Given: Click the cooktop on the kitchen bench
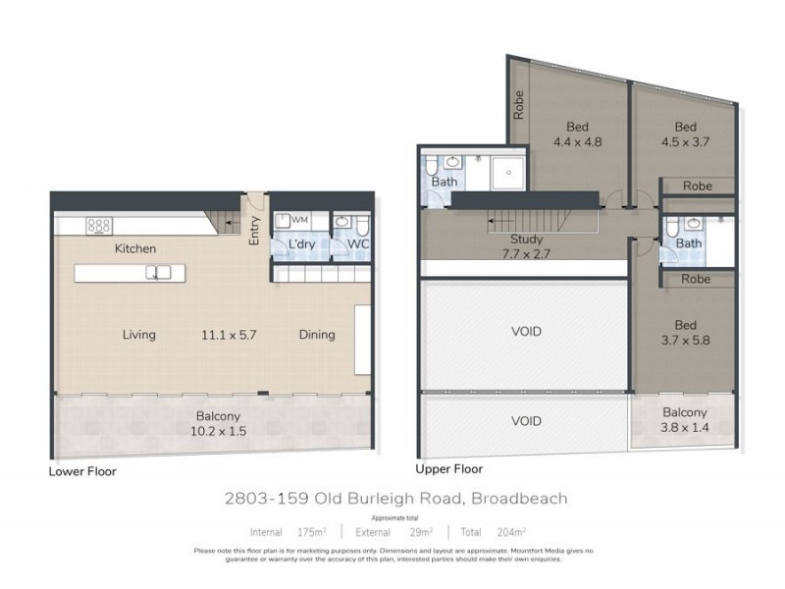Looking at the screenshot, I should [99, 225].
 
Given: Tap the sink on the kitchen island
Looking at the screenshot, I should [159, 272].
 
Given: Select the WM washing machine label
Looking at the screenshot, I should [299, 220].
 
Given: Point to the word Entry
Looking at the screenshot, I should [254, 229].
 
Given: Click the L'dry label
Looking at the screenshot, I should [300, 244].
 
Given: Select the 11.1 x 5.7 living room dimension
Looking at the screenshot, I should [231, 335].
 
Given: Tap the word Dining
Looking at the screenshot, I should [317, 335].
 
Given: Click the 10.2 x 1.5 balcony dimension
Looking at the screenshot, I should [218, 430].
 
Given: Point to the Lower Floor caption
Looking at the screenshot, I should [82, 471].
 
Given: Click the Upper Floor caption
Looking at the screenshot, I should [450, 470].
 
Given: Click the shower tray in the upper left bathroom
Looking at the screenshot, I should [508, 173].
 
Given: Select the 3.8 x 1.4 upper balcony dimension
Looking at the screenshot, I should [684, 427].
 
